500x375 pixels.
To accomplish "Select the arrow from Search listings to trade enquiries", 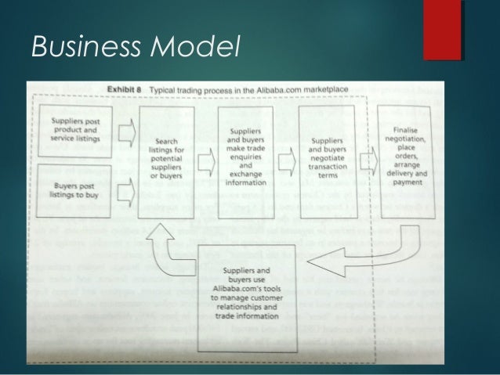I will point(207,162).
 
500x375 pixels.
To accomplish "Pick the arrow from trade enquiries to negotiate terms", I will point(287,162).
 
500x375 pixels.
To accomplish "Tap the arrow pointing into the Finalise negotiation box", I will point(366,162).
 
